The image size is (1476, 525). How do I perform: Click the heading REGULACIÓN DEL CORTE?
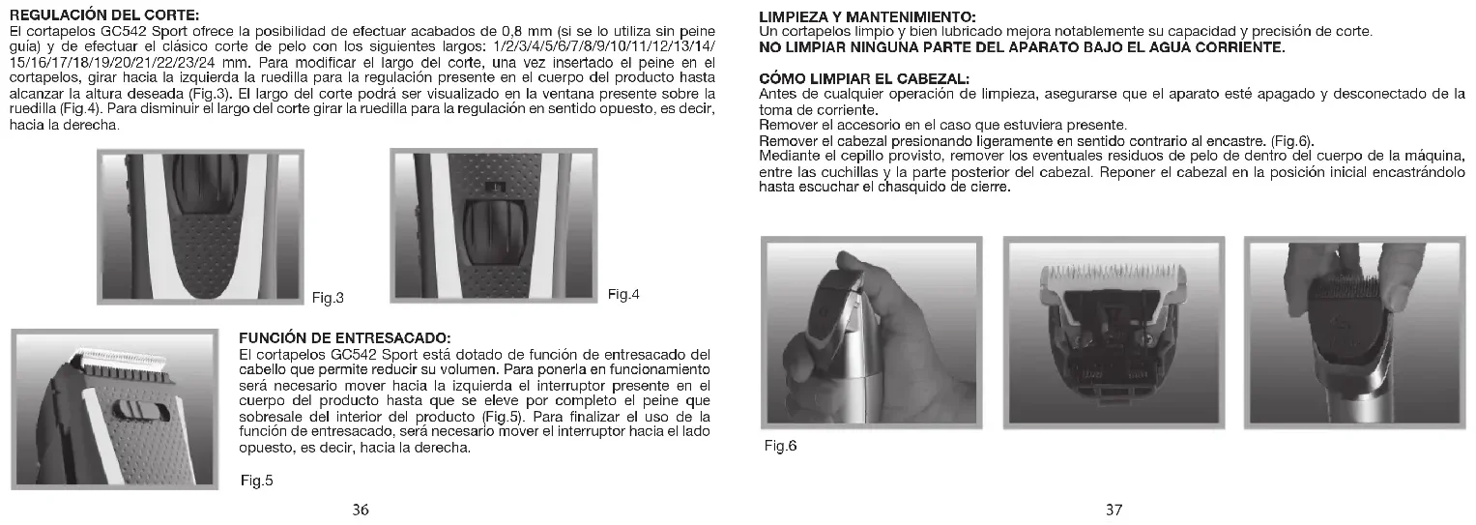pyautogui.click(x=102, y=16)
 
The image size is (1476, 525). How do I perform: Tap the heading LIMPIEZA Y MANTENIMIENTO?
pyautogui.click(x=867, y=18)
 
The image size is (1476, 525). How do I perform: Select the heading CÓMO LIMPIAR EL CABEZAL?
pyautogui.click(x=864, y=78)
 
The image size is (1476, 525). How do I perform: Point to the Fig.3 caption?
pyautogui.click(x=329, y=297)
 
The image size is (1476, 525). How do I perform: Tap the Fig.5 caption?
pyautogui.click(x=257, y=481)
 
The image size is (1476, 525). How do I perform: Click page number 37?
pyautogui.click(x=1114, y=510)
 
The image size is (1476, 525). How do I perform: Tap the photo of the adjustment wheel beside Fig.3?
pyautogui.click(x=200, y=226)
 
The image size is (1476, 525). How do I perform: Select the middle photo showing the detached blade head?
pyautogui.click(x=1114, y=335)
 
